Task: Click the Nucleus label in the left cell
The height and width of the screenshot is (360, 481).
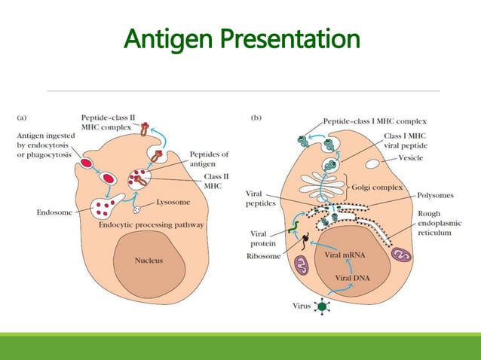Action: tap(149, 261)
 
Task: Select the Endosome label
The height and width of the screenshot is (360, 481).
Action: tap(54, 212)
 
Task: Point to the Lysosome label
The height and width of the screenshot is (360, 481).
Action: tap(174, 203)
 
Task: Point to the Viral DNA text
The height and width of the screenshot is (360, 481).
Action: tap(342, 277)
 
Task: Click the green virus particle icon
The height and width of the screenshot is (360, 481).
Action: tap(323, 307)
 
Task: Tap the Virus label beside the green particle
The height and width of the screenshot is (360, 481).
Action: tap(300, 306)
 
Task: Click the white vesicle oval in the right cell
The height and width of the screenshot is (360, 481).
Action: tap(373, 163)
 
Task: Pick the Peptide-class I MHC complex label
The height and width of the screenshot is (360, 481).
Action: tap(375, 121)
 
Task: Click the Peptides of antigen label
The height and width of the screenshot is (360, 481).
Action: tap(210, 160)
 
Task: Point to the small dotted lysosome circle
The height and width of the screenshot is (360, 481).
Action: tap(136, 209)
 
